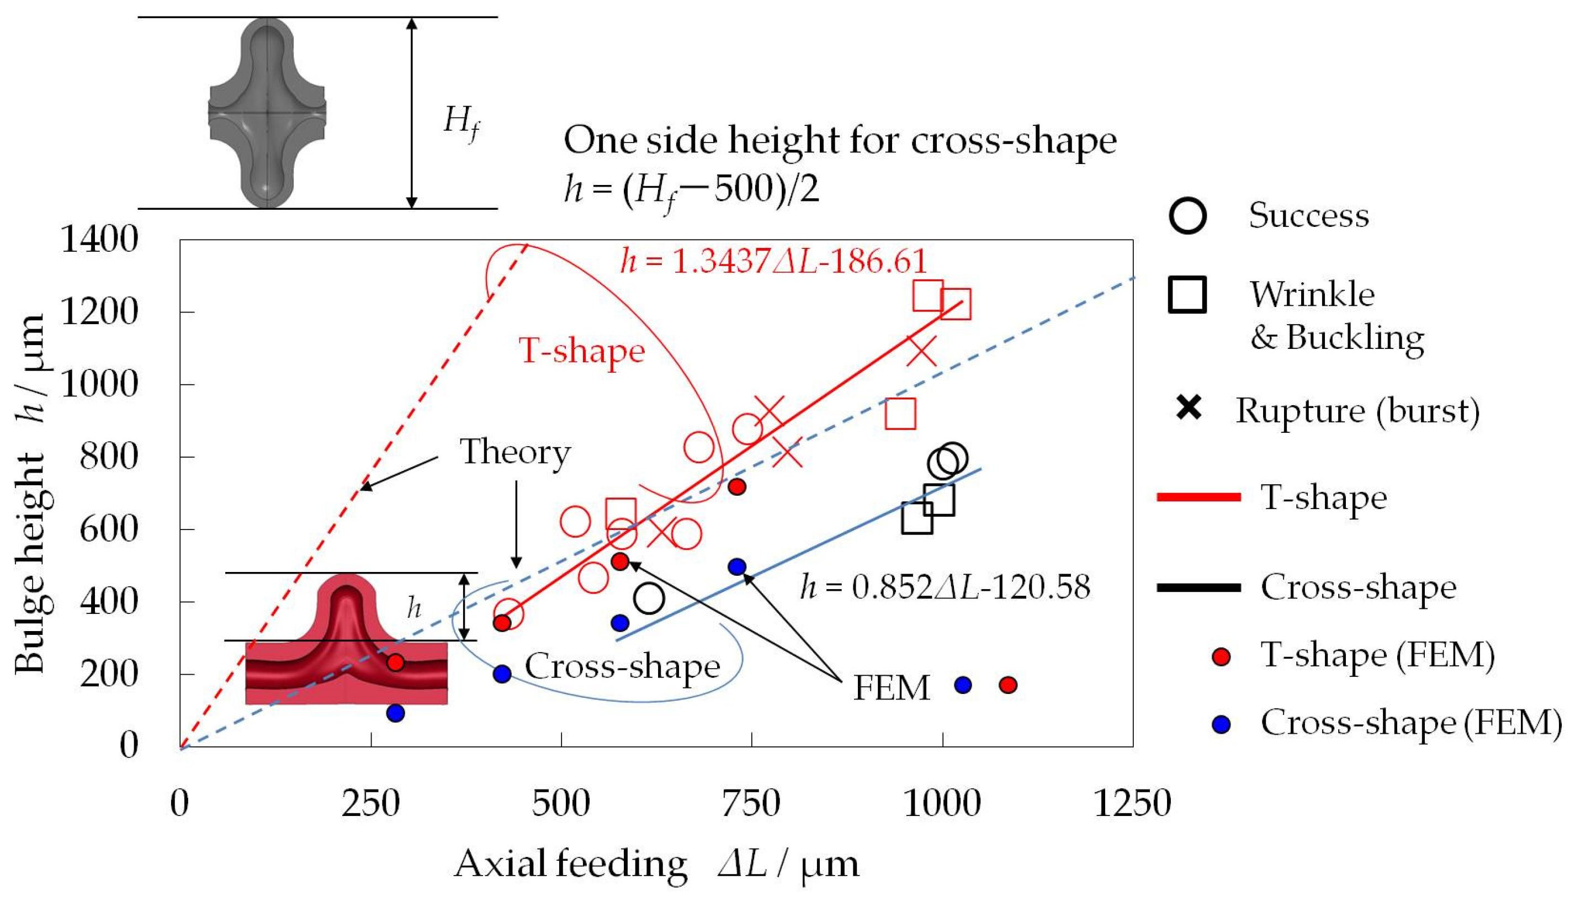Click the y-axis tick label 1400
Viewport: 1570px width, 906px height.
(x=99, y=240)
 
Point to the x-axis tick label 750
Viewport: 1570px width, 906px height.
(x=751, y=803)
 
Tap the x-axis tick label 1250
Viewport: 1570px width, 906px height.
(x=1132, y=803)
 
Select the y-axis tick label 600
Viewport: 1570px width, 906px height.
(x=109, y=529)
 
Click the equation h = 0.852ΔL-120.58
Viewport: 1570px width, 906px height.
(x=945, y=587)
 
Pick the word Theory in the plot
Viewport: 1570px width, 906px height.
(x=515, y=452)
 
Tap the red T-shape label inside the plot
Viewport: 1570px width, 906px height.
(x=582, y=351)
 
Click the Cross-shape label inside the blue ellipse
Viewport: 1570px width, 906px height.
(x=622, y=666)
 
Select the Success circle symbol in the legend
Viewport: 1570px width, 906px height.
(x=1187, y=216)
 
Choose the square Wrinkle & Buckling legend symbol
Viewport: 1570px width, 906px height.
(x=1187, y=295)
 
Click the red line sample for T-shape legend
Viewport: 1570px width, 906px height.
(x=1198, y=497)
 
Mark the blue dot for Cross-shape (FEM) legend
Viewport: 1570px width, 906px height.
(x=1222, y=725)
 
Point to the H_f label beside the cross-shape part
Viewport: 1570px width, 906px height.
(x=461, y=121)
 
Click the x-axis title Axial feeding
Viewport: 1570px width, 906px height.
(x=570, y=864)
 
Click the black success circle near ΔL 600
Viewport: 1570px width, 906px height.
(x=649, y=598)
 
